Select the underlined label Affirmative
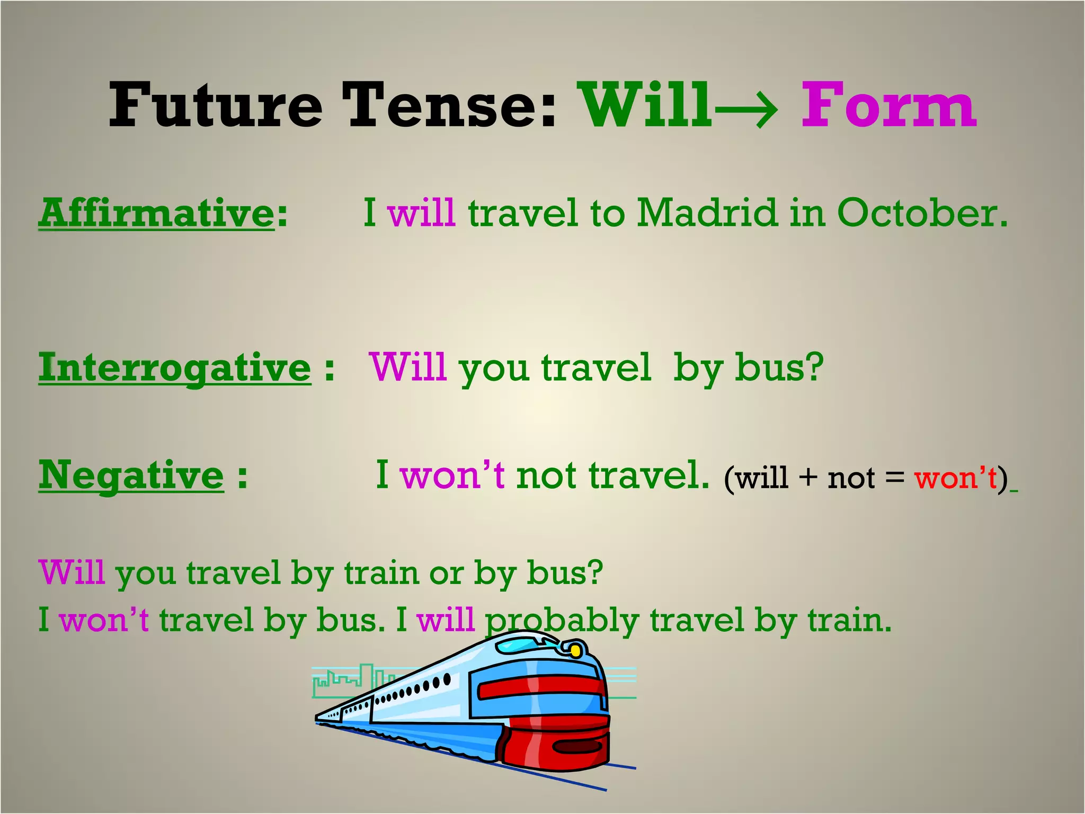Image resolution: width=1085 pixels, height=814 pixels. [x=156, y=213]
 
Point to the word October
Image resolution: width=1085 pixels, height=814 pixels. [x=922, y=213]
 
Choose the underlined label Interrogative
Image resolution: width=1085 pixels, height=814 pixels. [x=175, y=368]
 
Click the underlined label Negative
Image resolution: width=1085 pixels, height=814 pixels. [x=131, y=475]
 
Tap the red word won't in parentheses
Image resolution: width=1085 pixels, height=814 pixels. [x=956, y=478]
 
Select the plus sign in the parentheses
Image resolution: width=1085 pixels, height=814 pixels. [x=808, y=478]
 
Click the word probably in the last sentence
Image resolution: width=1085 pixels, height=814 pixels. [x=562, y=620]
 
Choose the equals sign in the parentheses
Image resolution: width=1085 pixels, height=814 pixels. [x=894, y=478]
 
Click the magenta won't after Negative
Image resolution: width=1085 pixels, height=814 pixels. [x=452, y=475]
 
